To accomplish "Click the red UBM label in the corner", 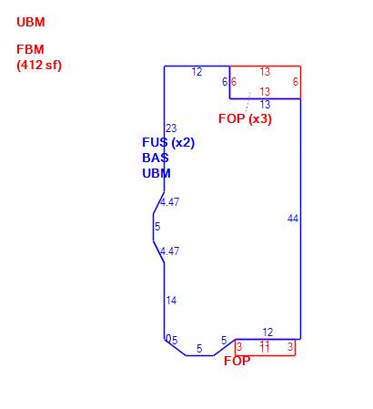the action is click(31, 22).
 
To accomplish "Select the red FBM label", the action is click(30, 49).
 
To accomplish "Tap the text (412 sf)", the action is click(39, 65).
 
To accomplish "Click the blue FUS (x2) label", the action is click(168, 142).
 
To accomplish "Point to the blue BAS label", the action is click(156, 158).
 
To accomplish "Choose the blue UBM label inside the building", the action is click(156, 173).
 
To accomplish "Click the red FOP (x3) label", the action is click(245, 118).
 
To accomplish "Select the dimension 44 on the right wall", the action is click(293, 219).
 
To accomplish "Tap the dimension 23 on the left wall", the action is click(171, 128).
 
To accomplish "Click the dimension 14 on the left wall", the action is click(171, 301).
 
